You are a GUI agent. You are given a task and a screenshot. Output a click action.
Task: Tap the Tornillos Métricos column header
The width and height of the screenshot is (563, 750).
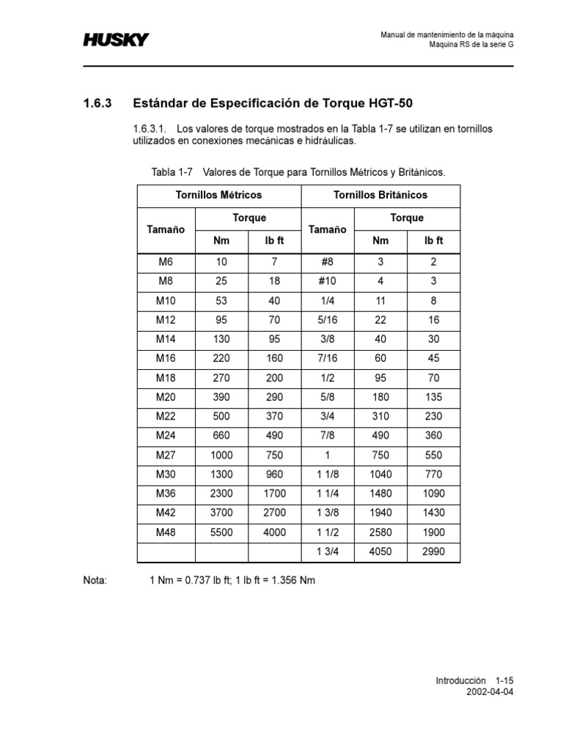click(218, 196)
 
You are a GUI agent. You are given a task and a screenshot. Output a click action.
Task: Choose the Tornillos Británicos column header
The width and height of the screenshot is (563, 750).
click(380, 196)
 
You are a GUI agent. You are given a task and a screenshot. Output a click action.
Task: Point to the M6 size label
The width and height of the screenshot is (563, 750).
click(166, 261)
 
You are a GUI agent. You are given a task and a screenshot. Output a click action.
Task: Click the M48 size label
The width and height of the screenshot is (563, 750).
click(166, 532)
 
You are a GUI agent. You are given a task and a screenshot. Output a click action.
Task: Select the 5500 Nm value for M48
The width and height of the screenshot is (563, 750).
click(221, 532)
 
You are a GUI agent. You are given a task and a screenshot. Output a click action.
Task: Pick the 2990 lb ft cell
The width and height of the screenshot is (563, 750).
click(434, 552)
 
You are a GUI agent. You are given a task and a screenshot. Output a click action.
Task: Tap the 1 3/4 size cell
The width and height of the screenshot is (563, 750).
click(327, 552)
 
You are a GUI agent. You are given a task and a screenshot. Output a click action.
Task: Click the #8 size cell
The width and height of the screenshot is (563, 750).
click(327, 261)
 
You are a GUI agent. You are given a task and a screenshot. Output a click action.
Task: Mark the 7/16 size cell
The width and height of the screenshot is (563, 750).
click(327, 358)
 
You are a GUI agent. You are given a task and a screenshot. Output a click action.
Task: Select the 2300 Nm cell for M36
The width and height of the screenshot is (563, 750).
click(221, 494)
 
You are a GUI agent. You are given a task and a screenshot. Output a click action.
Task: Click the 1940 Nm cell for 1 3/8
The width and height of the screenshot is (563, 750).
click(380, 513)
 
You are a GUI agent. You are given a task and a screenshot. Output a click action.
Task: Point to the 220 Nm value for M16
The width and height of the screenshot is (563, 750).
click(221, 358)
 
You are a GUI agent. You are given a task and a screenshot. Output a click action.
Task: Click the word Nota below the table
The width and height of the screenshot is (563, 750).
click(95, 581)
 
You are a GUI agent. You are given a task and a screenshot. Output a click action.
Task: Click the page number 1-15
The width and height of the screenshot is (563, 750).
click(505, 680)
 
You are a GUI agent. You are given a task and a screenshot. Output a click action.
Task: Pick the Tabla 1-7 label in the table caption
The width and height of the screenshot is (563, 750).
click(172, 172)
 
